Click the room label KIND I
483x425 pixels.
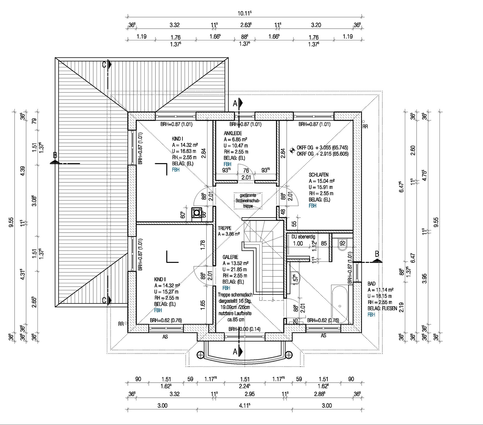[x=177, y=139]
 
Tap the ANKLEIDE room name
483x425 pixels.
[x=233, y=133]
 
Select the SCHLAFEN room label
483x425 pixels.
[x=318, y=175]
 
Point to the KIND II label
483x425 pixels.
[x=160, y=280]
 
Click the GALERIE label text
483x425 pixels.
[x=230, y=257]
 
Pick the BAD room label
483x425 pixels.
[x=371, y=284]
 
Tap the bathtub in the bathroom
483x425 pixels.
[x=340, y=304]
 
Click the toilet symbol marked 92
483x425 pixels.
[x=342, y=244]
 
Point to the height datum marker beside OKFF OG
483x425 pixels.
[x=292, y=150]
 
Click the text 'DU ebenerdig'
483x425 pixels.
[x=303, y=237]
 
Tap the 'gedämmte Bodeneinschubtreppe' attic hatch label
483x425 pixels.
[x=248, y=201]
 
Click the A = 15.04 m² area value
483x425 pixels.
[x=322, y=181]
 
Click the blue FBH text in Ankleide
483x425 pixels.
[x=227, y=164]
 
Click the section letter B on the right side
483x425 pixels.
[x=377, y=254]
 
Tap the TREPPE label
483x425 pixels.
[x=224, y=228]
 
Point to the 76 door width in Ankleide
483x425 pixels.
[x=246, y=170]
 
